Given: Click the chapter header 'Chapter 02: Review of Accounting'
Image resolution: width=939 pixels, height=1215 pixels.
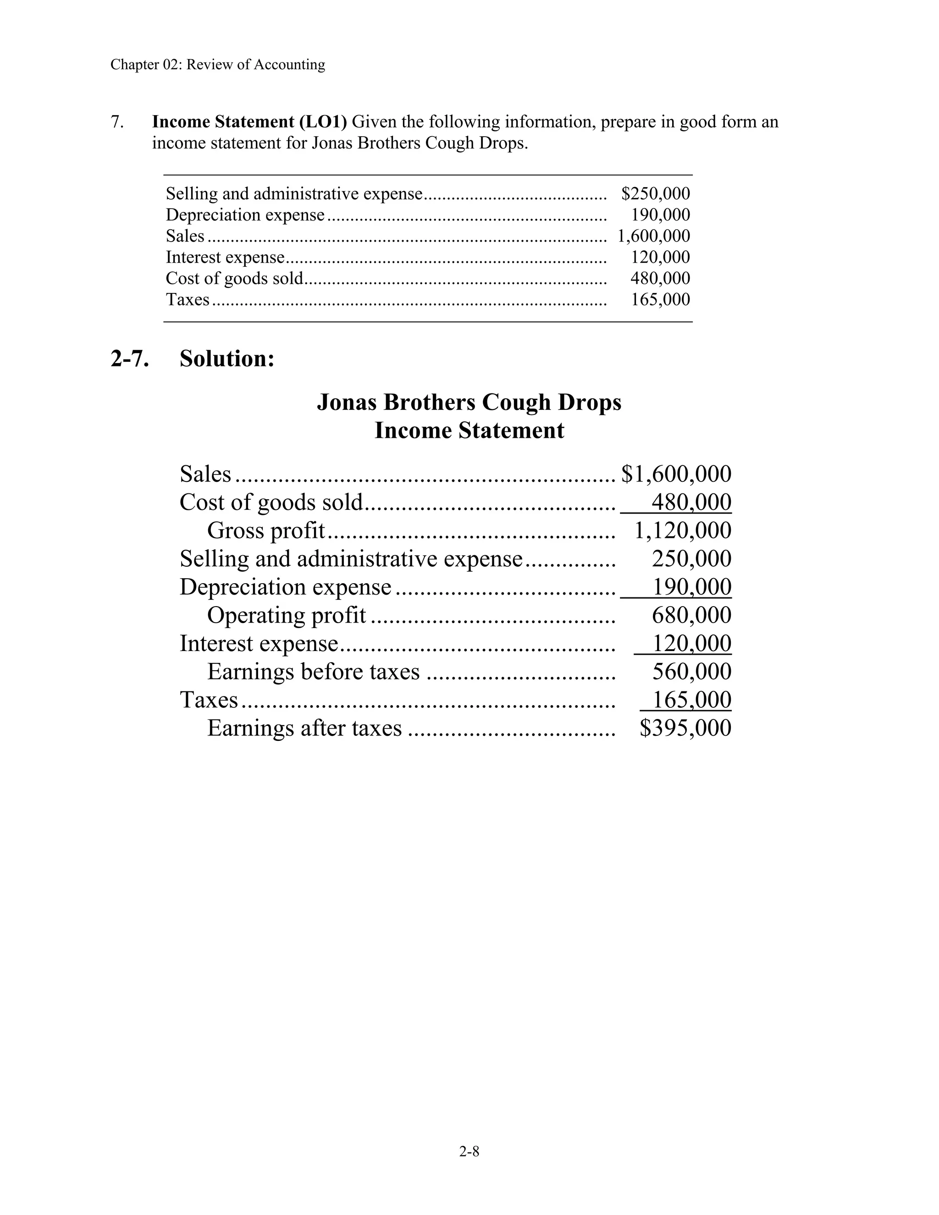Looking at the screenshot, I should (x=217, y=65).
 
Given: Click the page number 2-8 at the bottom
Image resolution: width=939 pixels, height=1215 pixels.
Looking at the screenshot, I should (x=469, y=1152).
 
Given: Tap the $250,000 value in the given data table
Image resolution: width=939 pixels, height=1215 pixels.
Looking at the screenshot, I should (x=655, y=193).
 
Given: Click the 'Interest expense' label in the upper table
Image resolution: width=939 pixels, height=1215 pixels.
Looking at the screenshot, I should (x=225, y=257).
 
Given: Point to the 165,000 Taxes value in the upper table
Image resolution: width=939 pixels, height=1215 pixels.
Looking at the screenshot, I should (x=660, y=299).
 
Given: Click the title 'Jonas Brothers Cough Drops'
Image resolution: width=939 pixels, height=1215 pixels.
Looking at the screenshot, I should (x=469, y=402).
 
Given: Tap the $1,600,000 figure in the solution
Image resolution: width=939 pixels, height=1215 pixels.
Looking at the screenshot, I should (x=676, y=474).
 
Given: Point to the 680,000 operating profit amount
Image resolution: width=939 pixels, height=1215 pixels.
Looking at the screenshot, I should (x=691, y=615).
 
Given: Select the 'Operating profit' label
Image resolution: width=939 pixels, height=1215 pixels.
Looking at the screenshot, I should (x=287, y=615).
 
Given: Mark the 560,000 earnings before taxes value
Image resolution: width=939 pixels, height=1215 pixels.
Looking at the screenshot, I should (x=691, y=672).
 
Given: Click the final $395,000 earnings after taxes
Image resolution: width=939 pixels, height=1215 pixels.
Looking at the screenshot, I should (x=685, y=728).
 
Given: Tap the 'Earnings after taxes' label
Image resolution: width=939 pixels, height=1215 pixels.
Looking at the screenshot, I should (x=304, y=728).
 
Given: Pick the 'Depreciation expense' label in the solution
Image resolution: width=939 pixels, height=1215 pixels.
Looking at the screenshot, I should (x=285, y=587).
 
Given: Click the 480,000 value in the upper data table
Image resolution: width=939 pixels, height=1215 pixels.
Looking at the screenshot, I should (x=660, y=278).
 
